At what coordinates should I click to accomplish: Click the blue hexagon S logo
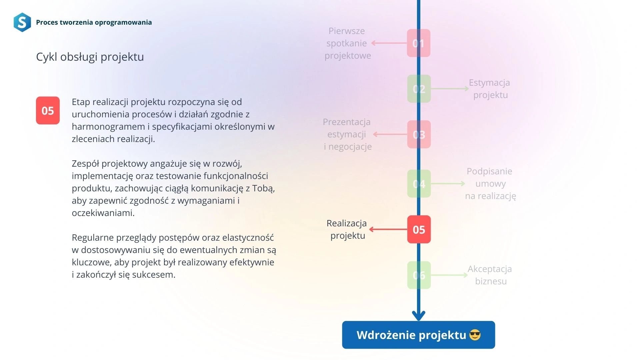22,22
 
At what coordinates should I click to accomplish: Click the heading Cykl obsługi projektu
90,57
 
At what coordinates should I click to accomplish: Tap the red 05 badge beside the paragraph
48,111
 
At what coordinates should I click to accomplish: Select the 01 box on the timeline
419,43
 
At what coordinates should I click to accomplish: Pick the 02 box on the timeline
419,89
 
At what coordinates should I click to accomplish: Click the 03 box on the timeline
419,134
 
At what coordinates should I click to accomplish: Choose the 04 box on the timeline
419,184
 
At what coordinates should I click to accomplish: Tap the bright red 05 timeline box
419,229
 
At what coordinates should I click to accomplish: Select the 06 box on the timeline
419,275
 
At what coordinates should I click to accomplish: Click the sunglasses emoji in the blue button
475,335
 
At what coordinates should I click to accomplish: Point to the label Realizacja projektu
347,229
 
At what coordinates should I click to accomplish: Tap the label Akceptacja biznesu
490,275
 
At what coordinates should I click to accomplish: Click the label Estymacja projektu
490,89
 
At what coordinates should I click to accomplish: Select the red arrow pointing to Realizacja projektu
388,229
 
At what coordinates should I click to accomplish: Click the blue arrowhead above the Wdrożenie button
419,316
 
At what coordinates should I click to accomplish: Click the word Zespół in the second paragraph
86,164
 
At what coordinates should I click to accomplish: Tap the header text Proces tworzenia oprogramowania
94,22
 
